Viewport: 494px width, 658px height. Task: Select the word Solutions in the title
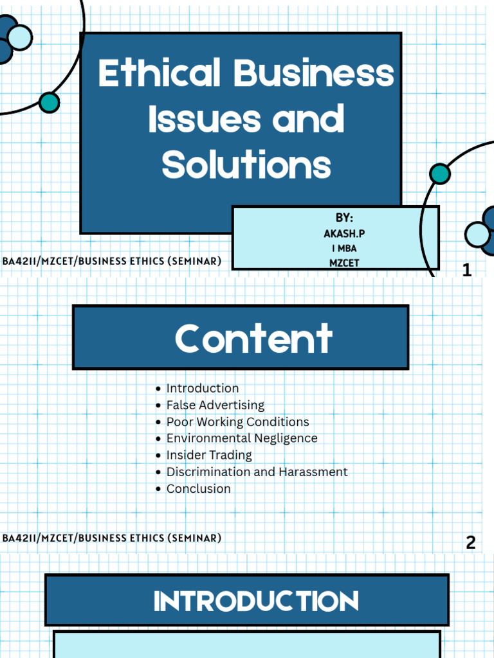(x=246, y=164)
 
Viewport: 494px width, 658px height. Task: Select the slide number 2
(x=471, y=543)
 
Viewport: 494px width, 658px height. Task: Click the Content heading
(x=253, y=339)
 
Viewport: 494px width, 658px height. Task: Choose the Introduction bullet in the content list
(x=202, y=388)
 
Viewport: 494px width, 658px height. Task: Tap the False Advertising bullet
(x=215, y=405)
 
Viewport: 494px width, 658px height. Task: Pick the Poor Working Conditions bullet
(x=237, y=422)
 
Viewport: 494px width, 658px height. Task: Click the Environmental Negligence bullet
(x=241, y=438)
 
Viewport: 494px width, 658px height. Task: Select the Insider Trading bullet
(x=208, y=455)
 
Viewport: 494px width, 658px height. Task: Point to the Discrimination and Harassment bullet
(x=257, y=472)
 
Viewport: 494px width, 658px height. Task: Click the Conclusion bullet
(x=198, y=488)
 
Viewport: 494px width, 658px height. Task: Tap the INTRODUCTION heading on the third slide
(x=255, y=601)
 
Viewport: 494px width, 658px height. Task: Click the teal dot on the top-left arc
(x=49, y=102)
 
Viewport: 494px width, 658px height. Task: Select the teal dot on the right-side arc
(x=440, y=173)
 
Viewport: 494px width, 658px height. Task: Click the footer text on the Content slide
(x=112, y=538)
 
